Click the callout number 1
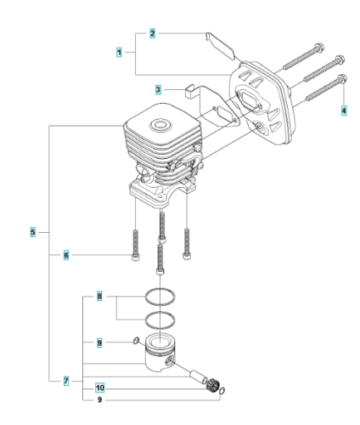119,53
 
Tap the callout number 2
152,33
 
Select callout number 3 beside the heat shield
158,90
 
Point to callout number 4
344,110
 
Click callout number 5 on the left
33,232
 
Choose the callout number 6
66,255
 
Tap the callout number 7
66,381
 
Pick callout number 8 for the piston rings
99,297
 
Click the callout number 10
100,388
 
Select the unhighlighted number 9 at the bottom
99,399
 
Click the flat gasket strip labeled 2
220,47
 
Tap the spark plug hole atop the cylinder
160,125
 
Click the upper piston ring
160,290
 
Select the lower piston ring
160,313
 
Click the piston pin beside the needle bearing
199,377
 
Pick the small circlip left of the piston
136,340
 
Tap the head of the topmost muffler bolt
319,48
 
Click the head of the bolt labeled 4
343,78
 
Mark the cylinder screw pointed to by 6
136,246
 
